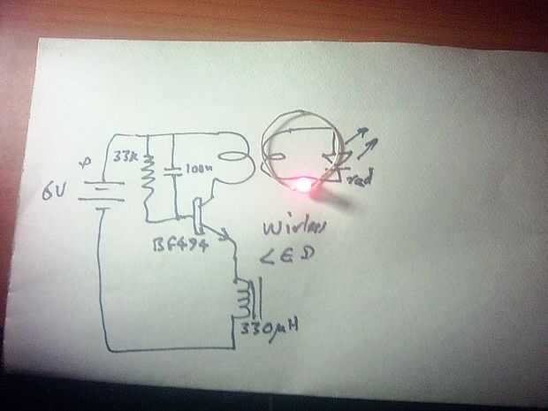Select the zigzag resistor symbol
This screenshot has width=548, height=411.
pos(148,177)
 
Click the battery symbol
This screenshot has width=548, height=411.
pos(98,190)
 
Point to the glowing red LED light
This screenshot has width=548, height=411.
pos(305,185)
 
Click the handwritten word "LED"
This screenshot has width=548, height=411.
pos(279,257)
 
